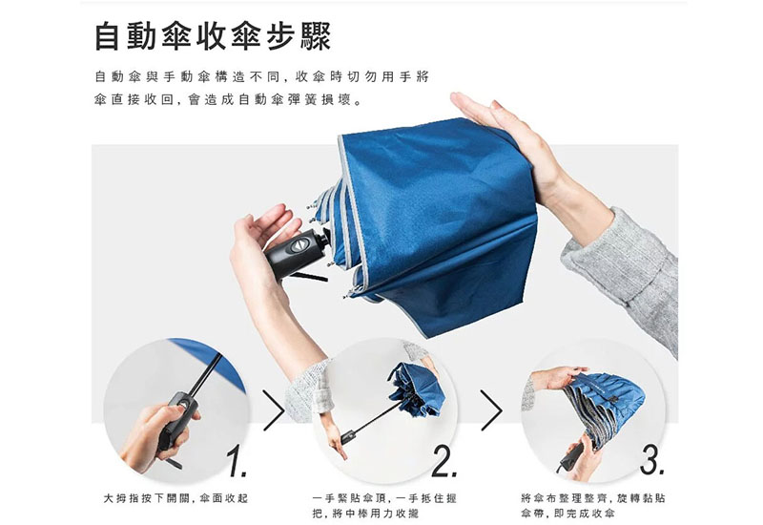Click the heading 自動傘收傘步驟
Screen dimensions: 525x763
[213, 38]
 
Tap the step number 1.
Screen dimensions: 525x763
[237, 463]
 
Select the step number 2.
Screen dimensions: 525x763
[444, 463]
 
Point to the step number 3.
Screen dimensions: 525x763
[651, 463]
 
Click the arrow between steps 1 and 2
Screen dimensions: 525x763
[274, 409]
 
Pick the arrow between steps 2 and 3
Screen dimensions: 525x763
[491, 409]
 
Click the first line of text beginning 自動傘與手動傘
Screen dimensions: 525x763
[262, 76]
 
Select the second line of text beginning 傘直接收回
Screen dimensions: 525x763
[229, 100]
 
